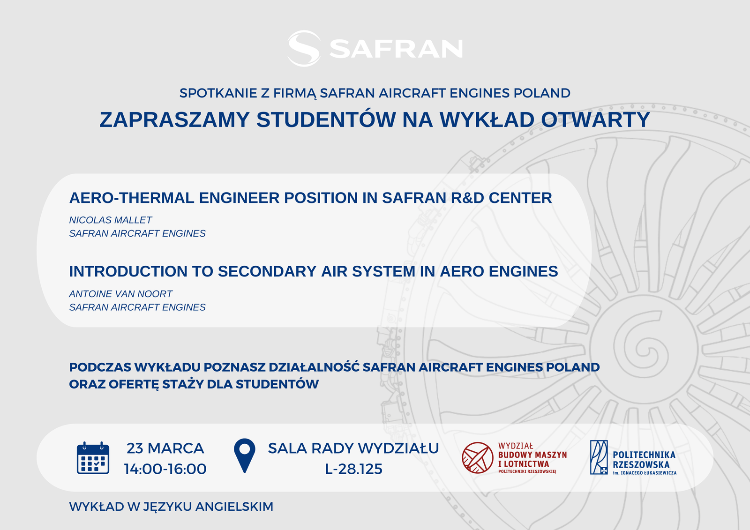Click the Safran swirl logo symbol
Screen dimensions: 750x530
click(x=304, y=49)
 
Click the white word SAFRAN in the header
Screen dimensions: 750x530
click(x=396, y=49)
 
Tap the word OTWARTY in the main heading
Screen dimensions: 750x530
click(x=595, y=119)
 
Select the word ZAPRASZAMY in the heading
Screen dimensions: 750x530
click(x=174, y=119)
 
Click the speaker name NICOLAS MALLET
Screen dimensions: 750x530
click(x=111, y=220)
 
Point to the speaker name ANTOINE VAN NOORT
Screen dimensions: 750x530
click(x=120, y=294)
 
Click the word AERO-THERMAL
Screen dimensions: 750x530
click(x=132, y=198)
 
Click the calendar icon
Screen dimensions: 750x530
click(x=93, y=458)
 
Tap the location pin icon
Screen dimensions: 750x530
click(x=244, y=455)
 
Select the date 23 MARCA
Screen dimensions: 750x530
click(x=165, y=448)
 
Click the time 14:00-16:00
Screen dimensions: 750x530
click(x=165, y=469)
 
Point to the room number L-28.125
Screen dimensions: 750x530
click(x=353, y=469)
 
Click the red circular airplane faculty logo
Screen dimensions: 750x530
click(x=478, y=458)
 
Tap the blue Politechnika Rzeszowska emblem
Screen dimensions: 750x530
click(x=599, y=457)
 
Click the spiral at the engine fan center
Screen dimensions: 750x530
click(x=643, y=348)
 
